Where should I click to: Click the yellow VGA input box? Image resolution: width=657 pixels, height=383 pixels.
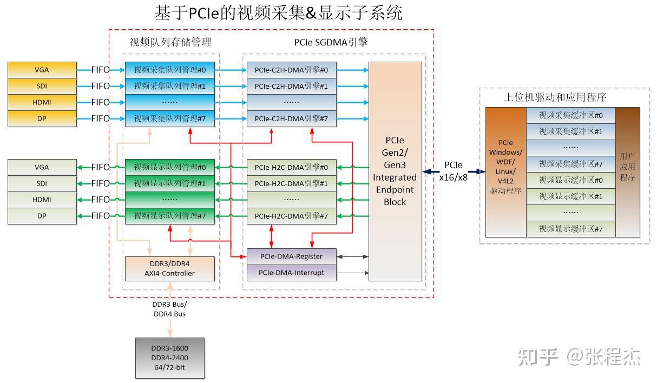click(x=42, y=70)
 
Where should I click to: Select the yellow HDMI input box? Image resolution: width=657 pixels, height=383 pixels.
click(x=42, y=102)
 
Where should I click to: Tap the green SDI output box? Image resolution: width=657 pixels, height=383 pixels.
click(x=42, y=183)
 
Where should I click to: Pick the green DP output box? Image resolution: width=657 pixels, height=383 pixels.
click(x=42, y=216)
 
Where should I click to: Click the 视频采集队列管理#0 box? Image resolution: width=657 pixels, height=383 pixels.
click(x=170, y=70)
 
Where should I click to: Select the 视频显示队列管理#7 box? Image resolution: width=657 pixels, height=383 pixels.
click(x=170, y=216)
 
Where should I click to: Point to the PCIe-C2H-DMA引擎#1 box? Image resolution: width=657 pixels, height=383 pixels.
click(x=291, y=86)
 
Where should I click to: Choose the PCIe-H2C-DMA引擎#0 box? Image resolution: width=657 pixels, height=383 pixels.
click(x=291, y=167)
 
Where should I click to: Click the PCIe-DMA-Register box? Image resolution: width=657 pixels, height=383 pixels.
click(x=291, y=256)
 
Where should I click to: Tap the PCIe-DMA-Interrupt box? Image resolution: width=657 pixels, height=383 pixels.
click(x=291, y=273)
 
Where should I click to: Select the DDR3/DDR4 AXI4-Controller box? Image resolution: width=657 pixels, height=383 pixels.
click(x=169, y=268)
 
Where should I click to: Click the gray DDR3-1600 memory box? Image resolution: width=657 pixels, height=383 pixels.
click(x=169, y=358)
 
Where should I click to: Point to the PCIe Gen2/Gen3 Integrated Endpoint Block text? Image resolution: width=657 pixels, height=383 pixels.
click(x=395, y=171)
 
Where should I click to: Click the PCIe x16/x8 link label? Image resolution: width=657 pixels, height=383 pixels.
click(x=454, y=171)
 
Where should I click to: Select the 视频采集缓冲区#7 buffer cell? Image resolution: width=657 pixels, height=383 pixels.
click(x=570, y=164)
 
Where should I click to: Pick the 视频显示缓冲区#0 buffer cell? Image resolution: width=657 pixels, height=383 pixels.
click(x=570, y=180)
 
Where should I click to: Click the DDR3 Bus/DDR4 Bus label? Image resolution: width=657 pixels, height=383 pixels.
click(x=169, y=309)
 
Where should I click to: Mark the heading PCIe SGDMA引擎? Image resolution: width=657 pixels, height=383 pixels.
click(x=331, y=42)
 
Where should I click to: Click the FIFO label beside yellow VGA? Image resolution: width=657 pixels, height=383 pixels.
click(x=101, y=70)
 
